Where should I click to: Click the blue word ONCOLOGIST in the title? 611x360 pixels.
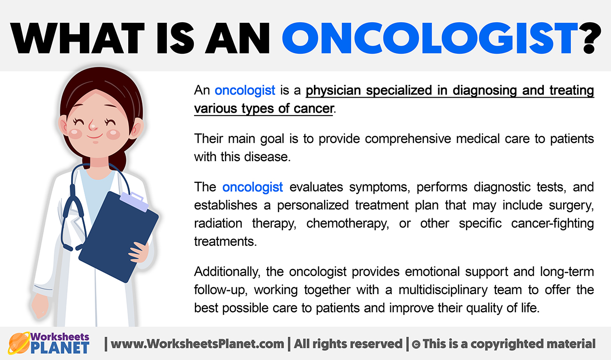tap(430, 38)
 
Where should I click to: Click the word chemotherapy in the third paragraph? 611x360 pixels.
tap(347, 224)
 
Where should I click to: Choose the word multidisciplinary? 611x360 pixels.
tap(443, 290)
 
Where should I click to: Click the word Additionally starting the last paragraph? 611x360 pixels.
tap(227, 272)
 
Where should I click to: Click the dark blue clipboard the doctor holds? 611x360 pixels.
tap(119, 237)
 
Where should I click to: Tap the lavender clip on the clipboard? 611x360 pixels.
tap(134, 202)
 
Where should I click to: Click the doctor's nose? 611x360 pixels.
tap(93, 125)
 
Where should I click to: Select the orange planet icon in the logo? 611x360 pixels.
tap(19, 343)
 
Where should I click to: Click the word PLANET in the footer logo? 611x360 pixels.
tap(60, 348)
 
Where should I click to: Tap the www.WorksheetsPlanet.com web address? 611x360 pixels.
tap(197, 344)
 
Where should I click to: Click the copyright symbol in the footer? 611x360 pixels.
tap(416, 345)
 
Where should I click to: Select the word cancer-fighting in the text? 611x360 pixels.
tap(552, 224)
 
